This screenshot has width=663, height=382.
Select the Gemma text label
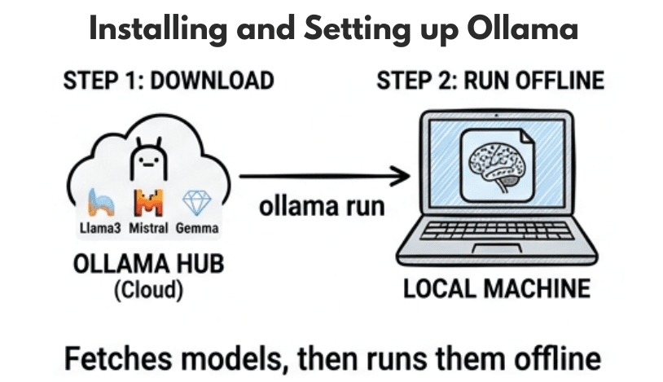point(197,228)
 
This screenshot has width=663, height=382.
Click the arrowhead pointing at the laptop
point(399,174)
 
